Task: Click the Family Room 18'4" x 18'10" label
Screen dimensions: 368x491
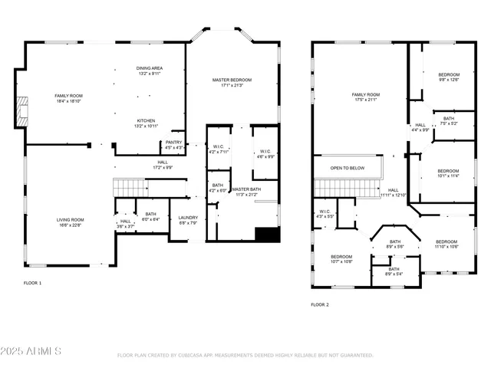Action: pos(68,97)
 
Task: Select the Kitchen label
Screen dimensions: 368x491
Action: pos(147,123)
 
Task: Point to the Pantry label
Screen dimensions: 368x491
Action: pos(174,144)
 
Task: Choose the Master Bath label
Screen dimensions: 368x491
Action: pos(246,192)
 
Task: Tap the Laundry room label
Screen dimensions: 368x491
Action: pos(188,221)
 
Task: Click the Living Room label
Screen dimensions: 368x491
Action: pos(70,222)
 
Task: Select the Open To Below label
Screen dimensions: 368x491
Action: pos(347,167)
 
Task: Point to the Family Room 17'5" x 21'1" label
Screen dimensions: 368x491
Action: pos(367,97)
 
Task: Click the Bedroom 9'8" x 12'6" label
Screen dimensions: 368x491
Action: pos(449,77)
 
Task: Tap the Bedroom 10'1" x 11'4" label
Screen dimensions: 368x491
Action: pos(449,173)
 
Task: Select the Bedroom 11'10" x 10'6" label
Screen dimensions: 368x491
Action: pos(446,244)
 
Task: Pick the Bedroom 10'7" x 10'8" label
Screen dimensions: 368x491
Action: pos(341,258)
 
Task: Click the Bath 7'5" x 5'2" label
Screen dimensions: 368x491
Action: pos(448,120)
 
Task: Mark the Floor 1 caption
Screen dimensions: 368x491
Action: pos(33,283)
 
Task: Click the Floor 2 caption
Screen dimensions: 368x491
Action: pos(320,304)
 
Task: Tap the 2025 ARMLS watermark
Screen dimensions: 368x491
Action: pos(31,350)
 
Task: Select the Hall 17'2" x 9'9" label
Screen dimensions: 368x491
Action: pos(163,164)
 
